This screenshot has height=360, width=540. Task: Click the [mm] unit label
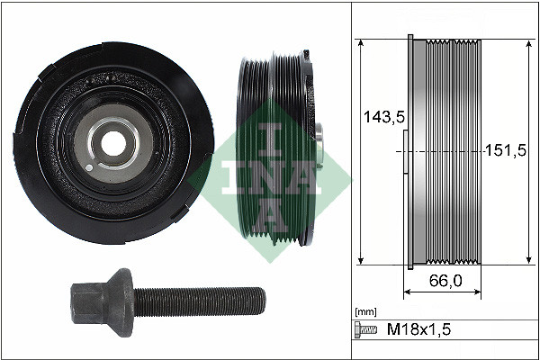click(365, 310)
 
